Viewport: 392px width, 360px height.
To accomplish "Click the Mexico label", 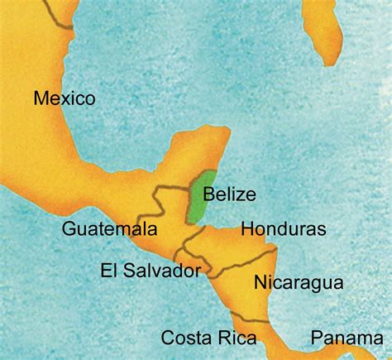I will tap(65, 98).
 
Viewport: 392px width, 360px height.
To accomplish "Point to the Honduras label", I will tap(283, 228).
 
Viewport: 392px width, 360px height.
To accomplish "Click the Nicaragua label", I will tap(298, 282).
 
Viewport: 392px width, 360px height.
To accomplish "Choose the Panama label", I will tap(347, 337).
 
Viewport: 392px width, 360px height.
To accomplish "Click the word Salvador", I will tap(164, 271).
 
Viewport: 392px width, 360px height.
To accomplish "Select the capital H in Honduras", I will tap(246, 228).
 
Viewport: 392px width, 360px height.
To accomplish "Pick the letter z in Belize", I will tap(246, 195).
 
